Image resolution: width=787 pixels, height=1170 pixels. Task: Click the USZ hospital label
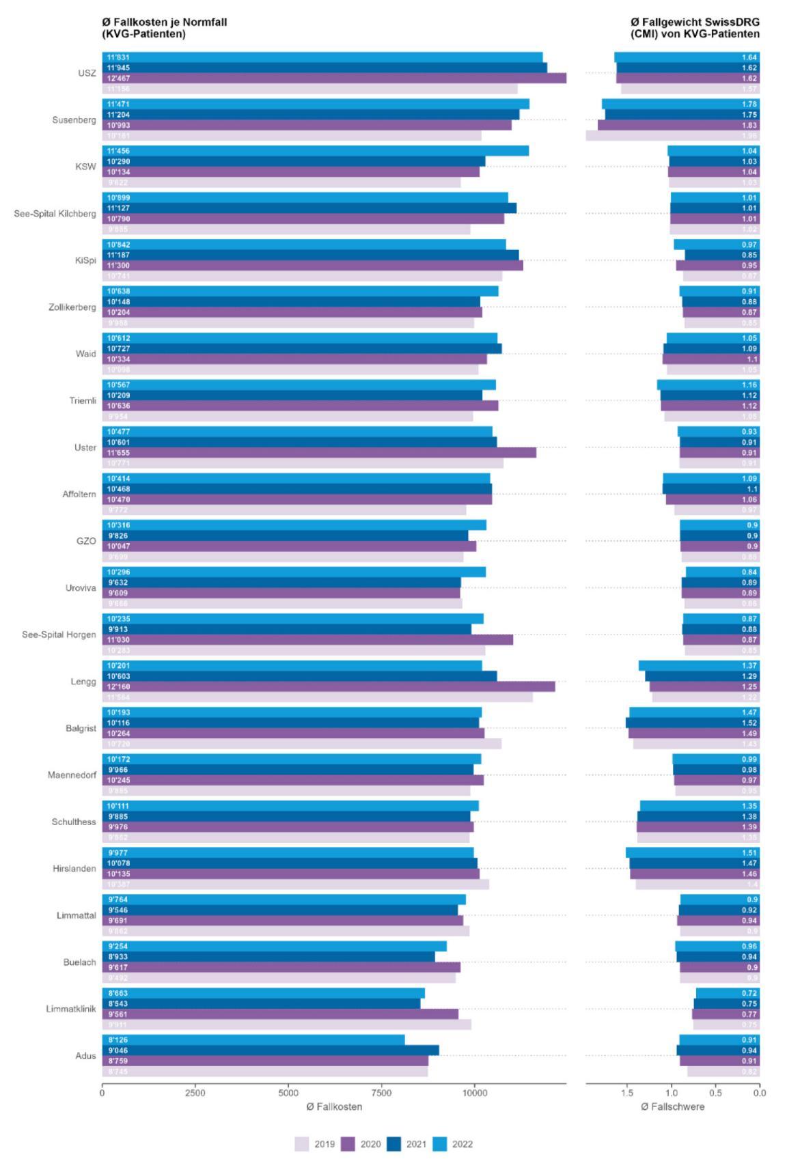point(87,73)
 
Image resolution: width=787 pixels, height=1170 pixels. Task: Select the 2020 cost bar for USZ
point(334,79)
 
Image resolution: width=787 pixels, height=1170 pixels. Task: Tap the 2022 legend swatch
point(441,1144)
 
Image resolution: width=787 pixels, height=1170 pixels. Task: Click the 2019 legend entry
point(315,1144)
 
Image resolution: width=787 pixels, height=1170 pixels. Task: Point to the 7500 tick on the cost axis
point(382,1093)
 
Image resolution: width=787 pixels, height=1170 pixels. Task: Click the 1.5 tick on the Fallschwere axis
point(627,1093)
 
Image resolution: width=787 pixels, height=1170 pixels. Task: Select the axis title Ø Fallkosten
point(334,1106)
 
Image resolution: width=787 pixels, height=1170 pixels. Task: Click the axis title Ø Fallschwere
point(672,1106)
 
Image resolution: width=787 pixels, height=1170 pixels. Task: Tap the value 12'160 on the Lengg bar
point(119,686)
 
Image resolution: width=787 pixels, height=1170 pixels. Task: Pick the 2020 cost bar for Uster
point(319,453)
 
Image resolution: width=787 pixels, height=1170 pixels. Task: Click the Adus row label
point(85,1056)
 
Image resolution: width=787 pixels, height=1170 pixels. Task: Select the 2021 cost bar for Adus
point(271,1050)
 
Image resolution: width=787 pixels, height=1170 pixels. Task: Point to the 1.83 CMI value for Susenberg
point(749,126)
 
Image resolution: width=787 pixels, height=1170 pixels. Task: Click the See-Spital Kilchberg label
point(55,214)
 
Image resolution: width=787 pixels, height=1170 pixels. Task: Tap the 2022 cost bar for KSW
point(315,151)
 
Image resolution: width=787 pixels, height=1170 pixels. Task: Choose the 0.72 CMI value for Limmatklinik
point(749,993)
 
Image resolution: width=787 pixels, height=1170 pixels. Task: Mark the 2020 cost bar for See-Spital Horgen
point(307,640)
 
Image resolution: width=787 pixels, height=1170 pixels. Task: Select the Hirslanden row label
point(74,869)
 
